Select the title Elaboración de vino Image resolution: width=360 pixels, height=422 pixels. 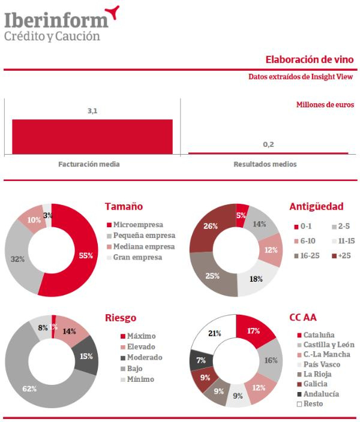click(x=314, y=60)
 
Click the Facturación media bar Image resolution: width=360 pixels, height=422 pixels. click(x=92, y=137)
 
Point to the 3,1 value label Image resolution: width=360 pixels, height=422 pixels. click(x=92, y=111)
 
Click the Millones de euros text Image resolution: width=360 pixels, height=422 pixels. click(x=325, y=104)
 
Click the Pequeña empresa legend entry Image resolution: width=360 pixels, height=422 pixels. click(x=144, y=236)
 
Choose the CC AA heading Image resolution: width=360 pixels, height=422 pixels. click(x=303, y=317)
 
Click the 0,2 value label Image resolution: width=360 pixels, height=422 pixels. click(x=268, y=144)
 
